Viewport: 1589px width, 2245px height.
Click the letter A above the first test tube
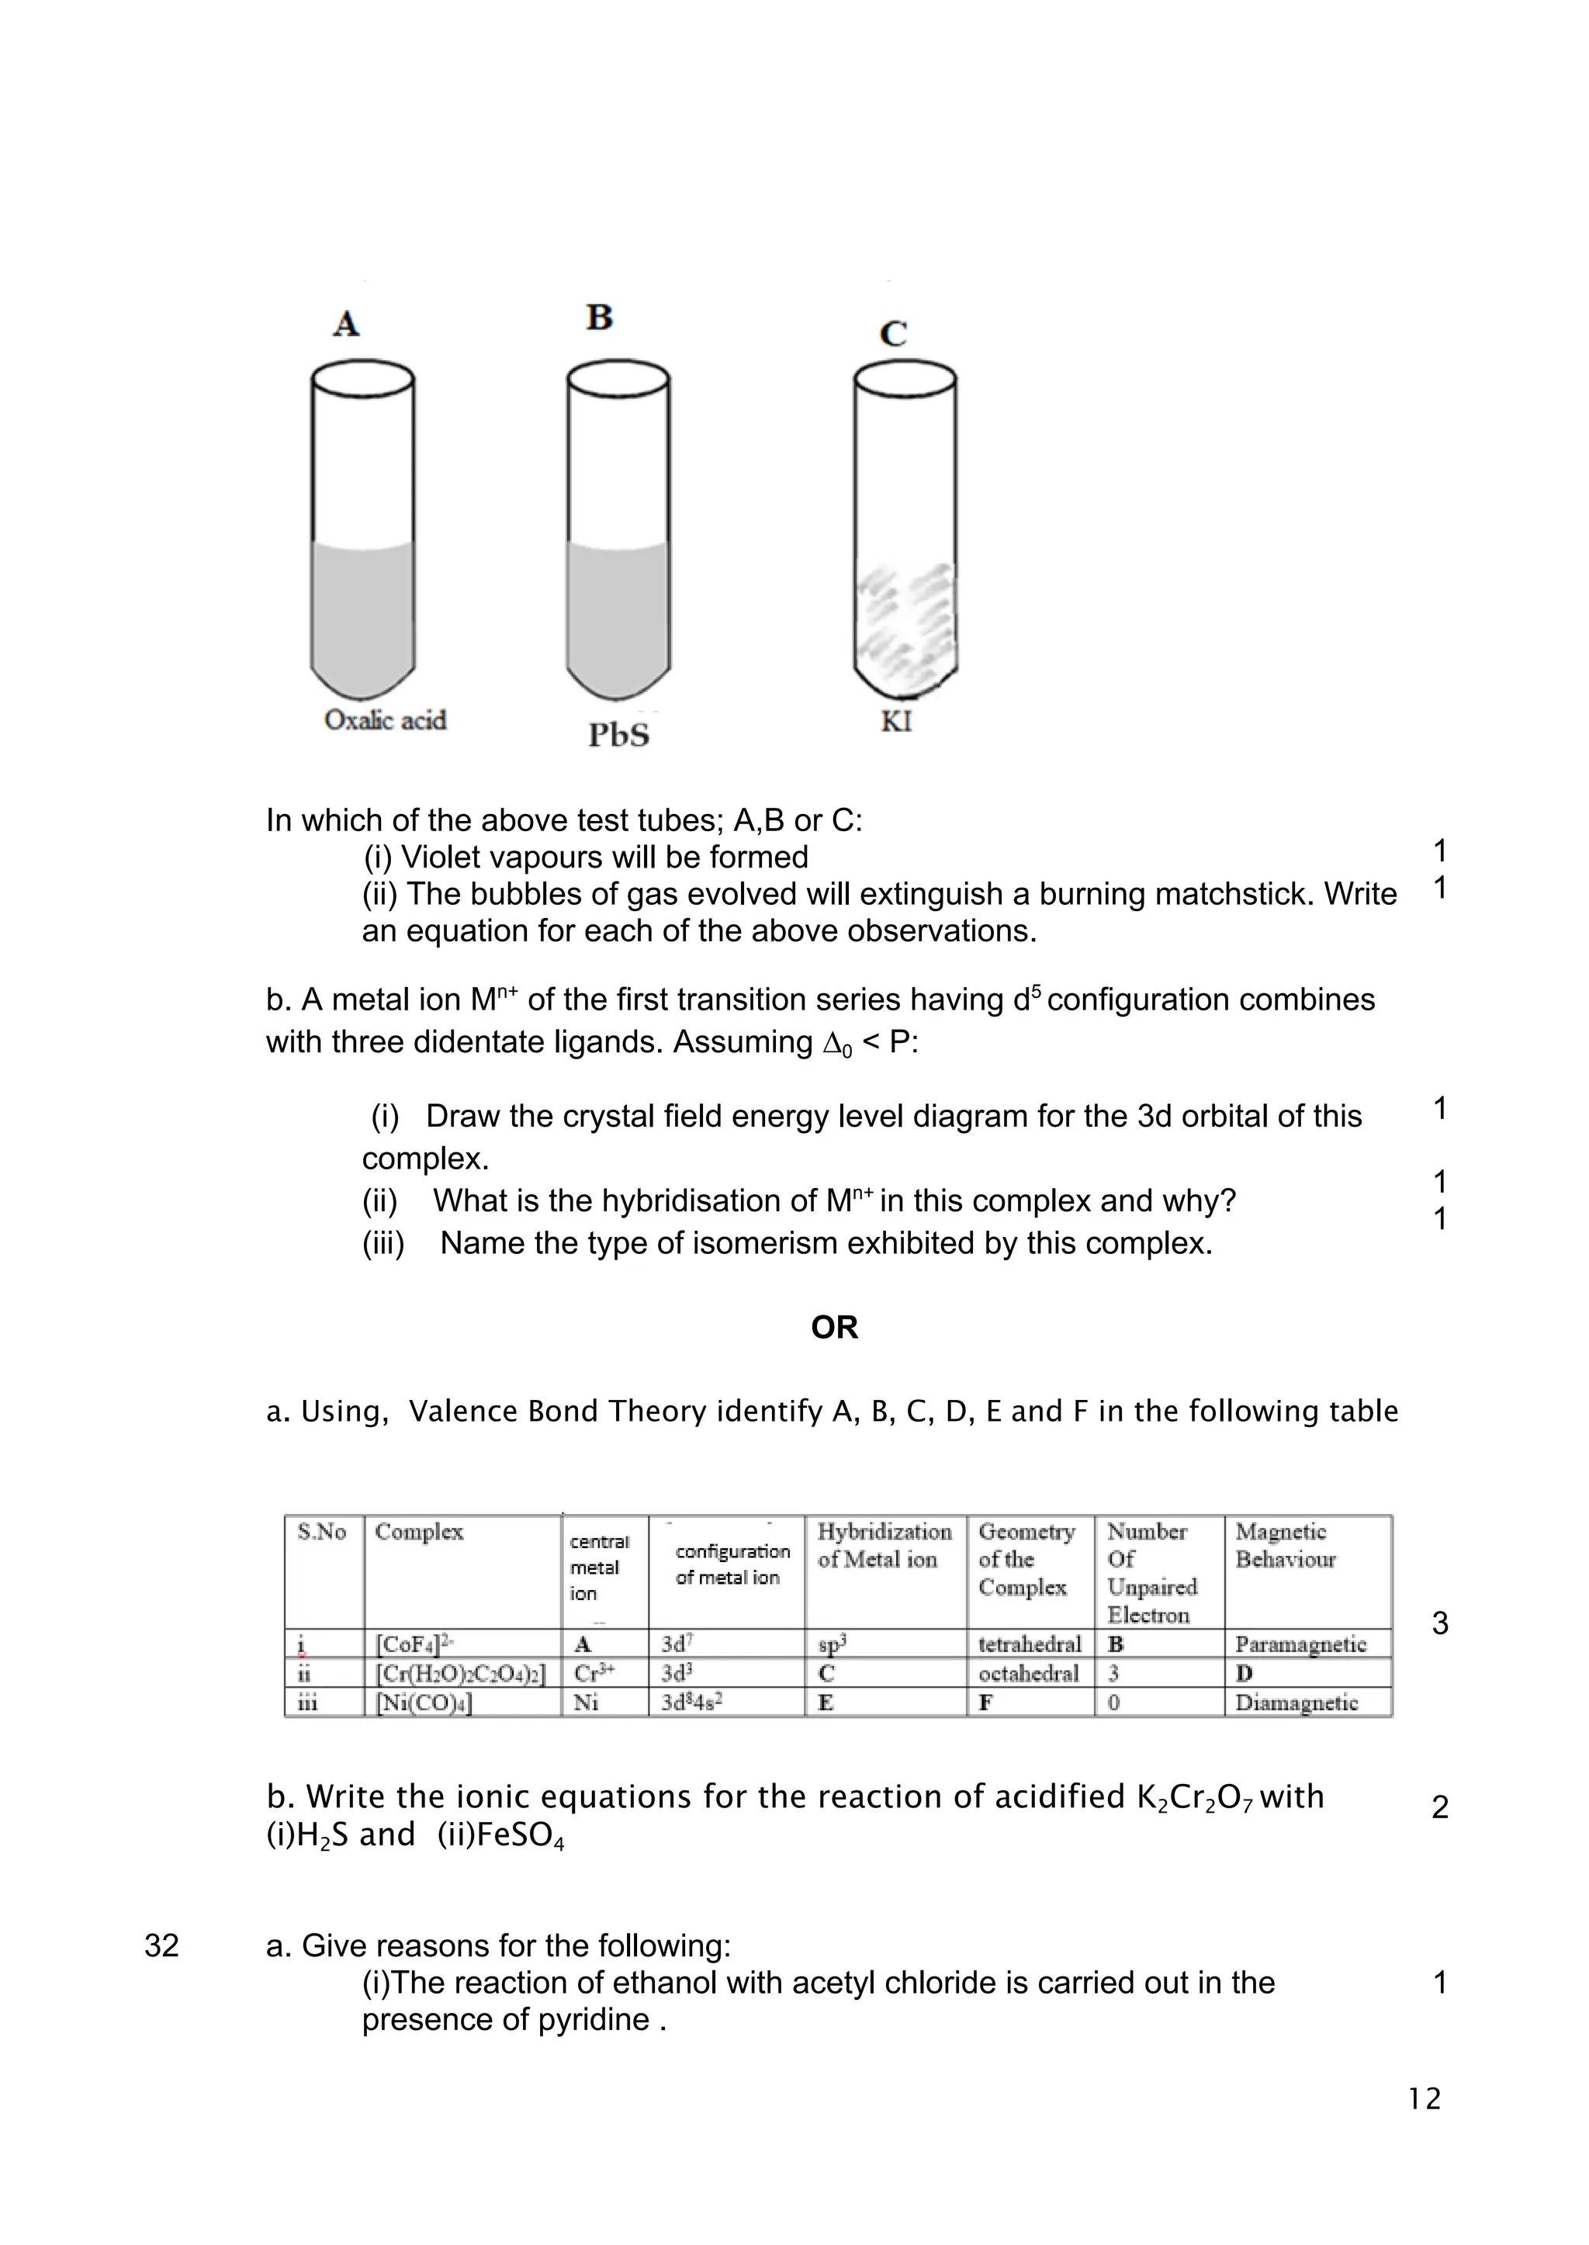coord(345,323)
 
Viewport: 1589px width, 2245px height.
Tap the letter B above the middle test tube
coord(599,317)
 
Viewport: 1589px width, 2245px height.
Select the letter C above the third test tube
coord(892,334)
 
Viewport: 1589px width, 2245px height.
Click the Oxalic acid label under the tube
coord(385,720)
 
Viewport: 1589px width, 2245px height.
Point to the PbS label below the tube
coord(618,735)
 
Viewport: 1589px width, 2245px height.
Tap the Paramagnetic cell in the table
coord(1300,1644)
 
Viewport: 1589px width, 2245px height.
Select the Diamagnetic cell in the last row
coord(1296,1703)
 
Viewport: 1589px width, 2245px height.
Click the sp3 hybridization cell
coord(832,1644)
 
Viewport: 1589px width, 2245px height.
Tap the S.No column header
coord(322,1533)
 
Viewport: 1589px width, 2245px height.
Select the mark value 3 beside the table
coord(1439,1624)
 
